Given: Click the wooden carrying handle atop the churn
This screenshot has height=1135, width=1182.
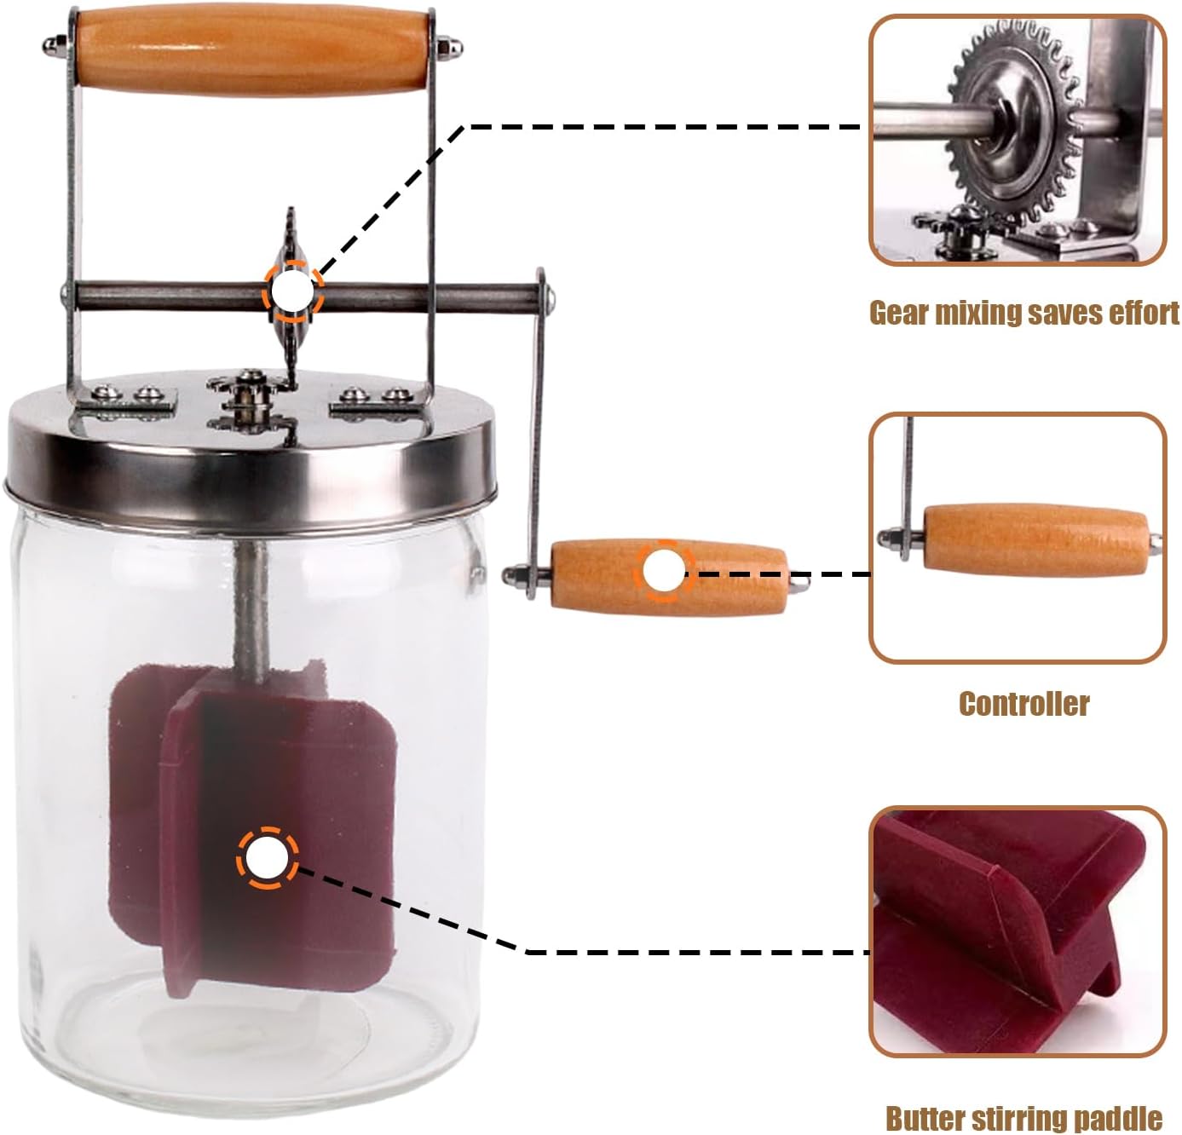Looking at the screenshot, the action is point(251,49).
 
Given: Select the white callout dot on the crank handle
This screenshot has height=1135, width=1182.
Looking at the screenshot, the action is point(663,571).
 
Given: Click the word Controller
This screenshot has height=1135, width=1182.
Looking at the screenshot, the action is point(1023,704).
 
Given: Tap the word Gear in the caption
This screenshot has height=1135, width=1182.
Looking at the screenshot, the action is point(897,314).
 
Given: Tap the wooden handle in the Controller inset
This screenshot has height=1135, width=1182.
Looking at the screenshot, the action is point(1035,540).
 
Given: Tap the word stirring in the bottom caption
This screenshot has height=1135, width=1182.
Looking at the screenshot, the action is point(1023,1118).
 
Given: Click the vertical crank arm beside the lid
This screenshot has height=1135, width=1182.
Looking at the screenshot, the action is point(537,426).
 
